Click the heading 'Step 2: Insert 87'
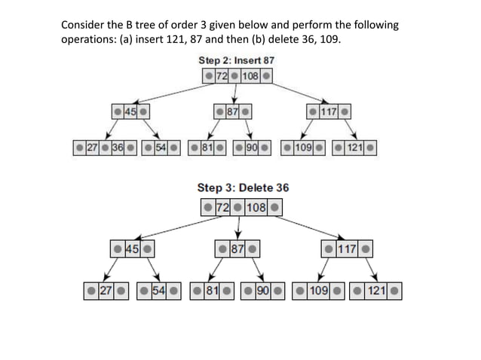[x=236, y=59]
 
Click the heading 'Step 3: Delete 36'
[x=242, y=187]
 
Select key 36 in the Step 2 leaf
[x=117, y=145]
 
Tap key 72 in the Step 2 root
[x=222, y=76]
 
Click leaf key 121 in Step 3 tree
[x=375, y=291]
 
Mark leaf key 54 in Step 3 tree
[x=159, y=291]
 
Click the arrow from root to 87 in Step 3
[x=239, y=225]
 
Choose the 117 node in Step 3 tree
[x=346, y=248]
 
